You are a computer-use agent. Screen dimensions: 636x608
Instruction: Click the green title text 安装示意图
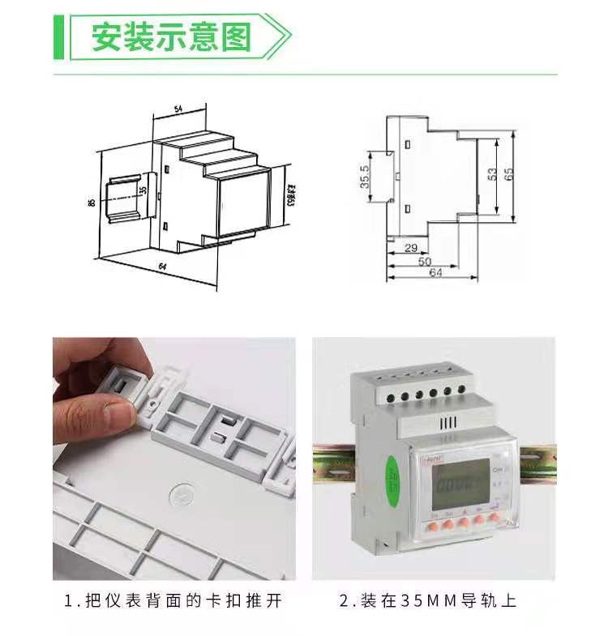point(171,37)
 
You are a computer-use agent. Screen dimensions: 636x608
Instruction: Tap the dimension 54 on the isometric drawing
point(178,109)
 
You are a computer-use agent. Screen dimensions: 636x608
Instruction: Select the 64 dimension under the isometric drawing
point(162,267)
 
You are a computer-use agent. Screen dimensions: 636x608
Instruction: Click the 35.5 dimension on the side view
point(365,177)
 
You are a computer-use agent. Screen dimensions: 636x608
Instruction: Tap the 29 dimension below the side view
point(410,247)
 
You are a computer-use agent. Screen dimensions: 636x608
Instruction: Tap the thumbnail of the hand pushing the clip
point(173,459)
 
